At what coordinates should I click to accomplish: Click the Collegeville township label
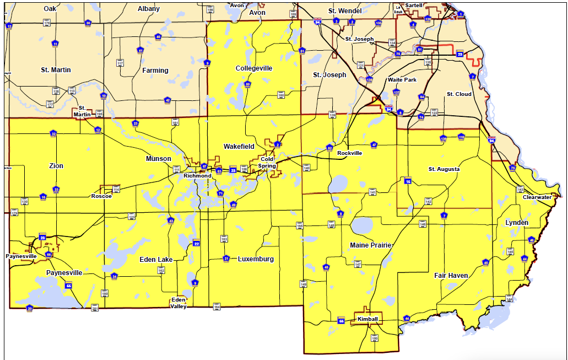254,68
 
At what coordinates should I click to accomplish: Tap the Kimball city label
367,320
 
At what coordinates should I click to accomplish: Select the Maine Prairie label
371,245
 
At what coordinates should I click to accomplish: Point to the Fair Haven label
451,275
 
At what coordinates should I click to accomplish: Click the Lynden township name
517,223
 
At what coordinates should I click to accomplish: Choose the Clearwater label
537,197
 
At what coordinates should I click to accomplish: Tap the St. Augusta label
444,169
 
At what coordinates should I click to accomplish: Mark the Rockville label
350,153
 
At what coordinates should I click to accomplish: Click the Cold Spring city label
267,163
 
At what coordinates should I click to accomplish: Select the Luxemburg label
256,259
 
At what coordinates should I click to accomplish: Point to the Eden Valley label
178,303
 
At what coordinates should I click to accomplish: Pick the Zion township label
56,166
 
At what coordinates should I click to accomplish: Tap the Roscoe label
101,196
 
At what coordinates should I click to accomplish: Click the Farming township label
155,71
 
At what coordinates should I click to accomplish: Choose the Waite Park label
402,80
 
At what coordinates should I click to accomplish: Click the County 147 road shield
358,265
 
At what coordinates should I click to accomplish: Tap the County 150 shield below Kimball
375,338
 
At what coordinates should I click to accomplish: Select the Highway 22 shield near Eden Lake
196,244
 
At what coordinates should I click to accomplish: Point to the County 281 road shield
94,308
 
